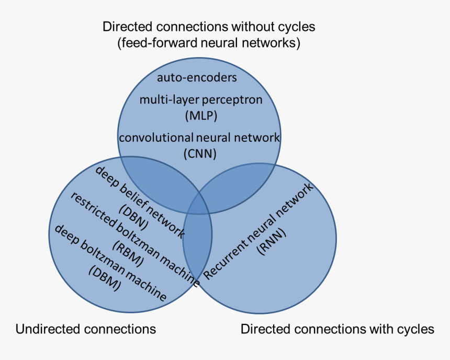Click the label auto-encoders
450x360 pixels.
197,78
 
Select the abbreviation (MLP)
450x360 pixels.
200,115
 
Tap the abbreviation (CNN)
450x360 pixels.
200,154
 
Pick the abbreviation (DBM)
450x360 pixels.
105,279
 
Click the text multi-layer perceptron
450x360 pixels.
200,100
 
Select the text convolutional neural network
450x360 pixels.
199,138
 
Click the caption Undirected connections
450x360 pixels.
86,329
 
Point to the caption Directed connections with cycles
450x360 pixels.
337,329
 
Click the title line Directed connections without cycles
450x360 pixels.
209,26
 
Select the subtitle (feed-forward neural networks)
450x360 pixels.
209,42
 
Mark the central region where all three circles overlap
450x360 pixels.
198,206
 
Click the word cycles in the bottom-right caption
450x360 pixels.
415,329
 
